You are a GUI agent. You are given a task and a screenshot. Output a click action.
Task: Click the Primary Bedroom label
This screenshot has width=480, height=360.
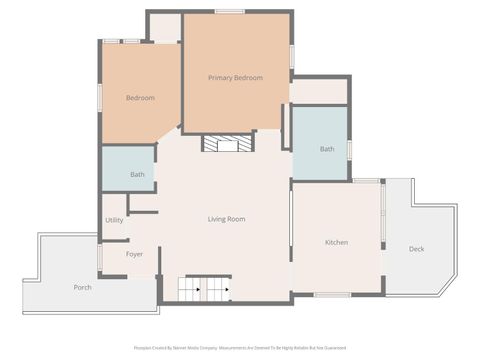tap(235, 78)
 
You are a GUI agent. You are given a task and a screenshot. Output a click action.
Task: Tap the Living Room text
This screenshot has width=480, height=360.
tap(226, 219)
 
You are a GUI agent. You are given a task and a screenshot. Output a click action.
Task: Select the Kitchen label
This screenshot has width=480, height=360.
tap(336, 243)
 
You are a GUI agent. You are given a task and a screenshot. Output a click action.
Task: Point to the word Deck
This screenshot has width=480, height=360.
tap(416, 249)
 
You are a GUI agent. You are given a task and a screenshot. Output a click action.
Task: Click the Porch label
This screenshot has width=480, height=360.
tap(83, 287)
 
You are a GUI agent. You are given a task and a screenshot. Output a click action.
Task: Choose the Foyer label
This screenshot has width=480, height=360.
tap(134, 254)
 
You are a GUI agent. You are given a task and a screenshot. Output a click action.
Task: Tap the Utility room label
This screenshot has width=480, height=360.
tap(113, 220)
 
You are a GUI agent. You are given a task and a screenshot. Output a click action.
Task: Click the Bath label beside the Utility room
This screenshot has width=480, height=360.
tap(137, 175)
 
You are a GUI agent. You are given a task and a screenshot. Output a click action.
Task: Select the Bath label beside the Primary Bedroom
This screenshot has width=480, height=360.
tap(327, 149)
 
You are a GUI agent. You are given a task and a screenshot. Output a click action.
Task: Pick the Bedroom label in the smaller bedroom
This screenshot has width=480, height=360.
tap(140, 98)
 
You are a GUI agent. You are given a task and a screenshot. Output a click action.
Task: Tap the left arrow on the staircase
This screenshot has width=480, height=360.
tap(197, 290)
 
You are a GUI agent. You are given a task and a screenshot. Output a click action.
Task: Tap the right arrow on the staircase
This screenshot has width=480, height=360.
tap(224, 290)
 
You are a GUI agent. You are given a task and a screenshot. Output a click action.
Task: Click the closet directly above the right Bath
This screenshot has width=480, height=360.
tap(319, 90)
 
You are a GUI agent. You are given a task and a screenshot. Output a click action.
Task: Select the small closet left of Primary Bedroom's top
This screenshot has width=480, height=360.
tap(165, 28)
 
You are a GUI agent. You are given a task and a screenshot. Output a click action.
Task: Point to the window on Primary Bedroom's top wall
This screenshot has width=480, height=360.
tap(229, 12)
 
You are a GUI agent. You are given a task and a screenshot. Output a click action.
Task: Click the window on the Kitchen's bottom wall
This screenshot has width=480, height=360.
tap(331, 295)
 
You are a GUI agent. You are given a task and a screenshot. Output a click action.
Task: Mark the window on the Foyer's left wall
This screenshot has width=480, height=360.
tap(99, 257)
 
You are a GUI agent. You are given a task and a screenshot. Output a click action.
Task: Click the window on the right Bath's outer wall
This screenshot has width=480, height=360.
tap(350, 150)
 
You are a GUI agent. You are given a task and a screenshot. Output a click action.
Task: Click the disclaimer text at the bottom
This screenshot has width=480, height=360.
tap(239, 349)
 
